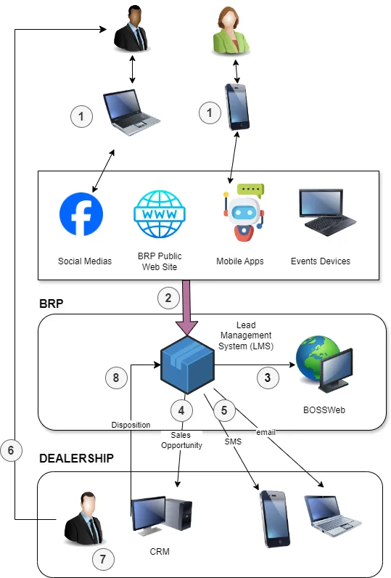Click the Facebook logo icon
click(x=81, y=214)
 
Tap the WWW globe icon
click(x=160, y=214)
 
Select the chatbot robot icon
click(x=243, y=212)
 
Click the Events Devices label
click(x=321, y=261)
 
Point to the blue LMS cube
click(x=187, y=365)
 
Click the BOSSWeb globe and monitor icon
click(x=324, y=364)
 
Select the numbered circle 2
click(x=168, y=298)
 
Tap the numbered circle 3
click(x=268, y=378)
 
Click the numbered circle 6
click(x=11, y=450)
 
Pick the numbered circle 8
click(x=116, y=378)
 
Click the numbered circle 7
click(x=103, y=559)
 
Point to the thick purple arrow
click(x=186, y=308)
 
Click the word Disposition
click(x=131, y=425)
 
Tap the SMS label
click(x=233, y=441)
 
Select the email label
click(x=266, y=432)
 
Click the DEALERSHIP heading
click(x=77, y=458)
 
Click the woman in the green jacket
click(x=231, y=31)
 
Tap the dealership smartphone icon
click(x=275, y=518)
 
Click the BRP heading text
click(x=52, y=304)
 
